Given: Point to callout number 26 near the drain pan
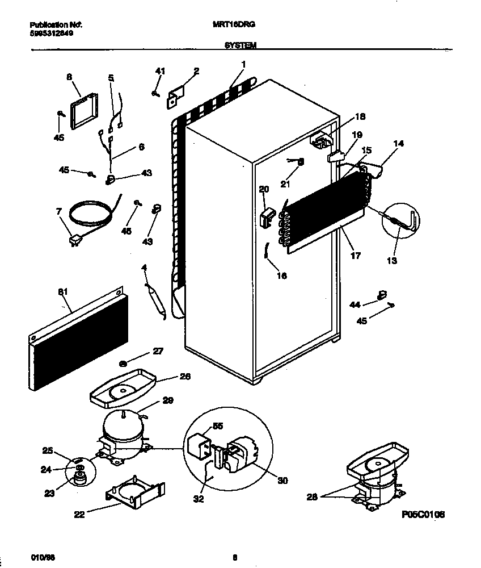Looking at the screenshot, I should [184, 376].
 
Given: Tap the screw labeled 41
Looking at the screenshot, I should [155, 94].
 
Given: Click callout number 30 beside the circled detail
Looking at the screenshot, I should [282, 481].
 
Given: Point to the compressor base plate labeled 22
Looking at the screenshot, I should [134, 492].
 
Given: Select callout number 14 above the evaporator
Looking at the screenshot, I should [398, 144].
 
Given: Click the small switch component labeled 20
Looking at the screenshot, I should [267, 216].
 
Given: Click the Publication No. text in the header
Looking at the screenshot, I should [55, 26].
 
